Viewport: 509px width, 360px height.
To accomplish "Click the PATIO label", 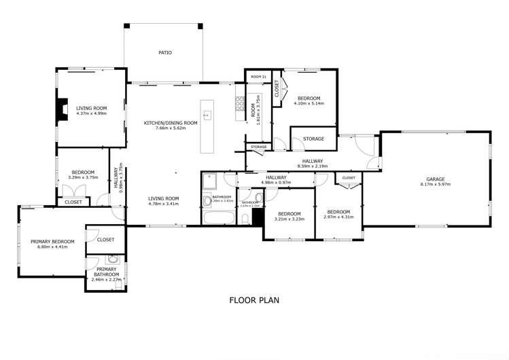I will (x=164, y=52).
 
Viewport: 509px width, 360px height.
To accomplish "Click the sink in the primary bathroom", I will (x=113, y=259).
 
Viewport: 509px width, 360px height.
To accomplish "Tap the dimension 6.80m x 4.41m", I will (x=52, y=247).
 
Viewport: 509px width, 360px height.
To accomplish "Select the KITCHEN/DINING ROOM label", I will (x=170, y=123).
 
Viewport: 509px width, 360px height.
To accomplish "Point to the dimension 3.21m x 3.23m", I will (x=289, y=219).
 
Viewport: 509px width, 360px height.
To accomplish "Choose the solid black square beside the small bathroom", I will (x=258, y=216).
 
